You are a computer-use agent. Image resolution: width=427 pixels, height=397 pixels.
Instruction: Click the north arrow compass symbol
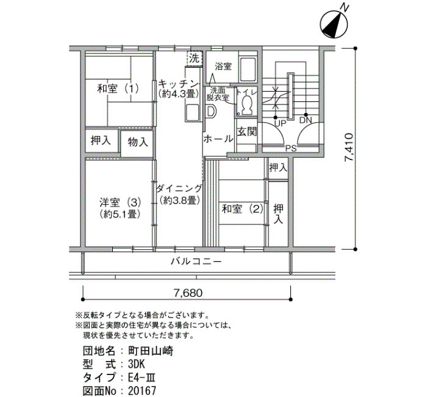click(334, 24)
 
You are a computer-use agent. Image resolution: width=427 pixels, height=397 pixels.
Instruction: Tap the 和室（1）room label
click(118, 89)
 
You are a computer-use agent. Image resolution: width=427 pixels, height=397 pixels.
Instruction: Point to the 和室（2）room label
click(243, 209)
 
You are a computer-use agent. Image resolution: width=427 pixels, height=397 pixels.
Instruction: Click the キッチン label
click(178, 83)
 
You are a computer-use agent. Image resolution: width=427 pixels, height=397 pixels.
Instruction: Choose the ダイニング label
click(179, 188)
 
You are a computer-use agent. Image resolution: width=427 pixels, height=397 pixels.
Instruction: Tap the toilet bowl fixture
click(247, 105)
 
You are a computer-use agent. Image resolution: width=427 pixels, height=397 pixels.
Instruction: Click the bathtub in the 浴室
click(248, 69)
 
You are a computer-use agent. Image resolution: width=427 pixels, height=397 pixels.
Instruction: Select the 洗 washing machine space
click(195, 58)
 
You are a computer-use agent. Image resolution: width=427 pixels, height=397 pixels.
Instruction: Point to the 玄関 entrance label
click(246, 132)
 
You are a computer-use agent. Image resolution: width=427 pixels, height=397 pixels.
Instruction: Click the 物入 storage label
click(138, 142)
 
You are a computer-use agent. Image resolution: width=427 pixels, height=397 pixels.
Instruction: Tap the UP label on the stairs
click(280, 123)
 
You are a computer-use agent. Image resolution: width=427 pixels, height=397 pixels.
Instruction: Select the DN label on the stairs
click(306, 120)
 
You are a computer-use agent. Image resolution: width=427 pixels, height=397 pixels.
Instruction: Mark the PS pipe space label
click(291, 148)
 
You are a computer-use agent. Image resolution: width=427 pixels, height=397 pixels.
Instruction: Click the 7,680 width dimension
click(188, 293)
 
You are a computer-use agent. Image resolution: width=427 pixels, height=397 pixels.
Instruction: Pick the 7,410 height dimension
click(349, 147)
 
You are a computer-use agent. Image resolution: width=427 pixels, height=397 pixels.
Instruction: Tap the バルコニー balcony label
click(196, 262)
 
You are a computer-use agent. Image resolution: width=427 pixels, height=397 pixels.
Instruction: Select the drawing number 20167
click(142, 391)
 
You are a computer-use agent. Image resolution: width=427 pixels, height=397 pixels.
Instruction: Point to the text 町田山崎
click(151, 351)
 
